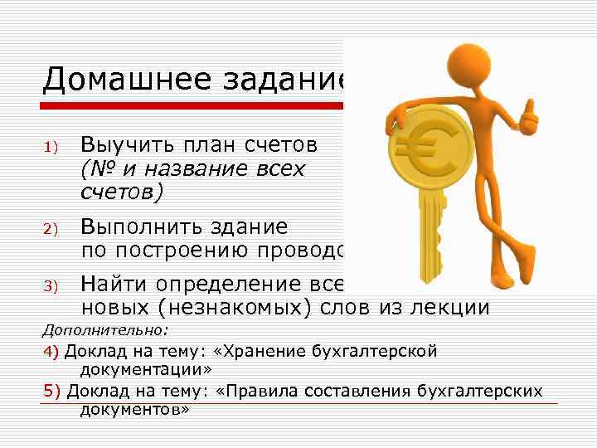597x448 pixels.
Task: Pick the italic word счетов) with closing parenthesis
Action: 123,192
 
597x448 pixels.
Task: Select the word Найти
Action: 110,285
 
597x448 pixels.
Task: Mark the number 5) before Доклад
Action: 51,390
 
